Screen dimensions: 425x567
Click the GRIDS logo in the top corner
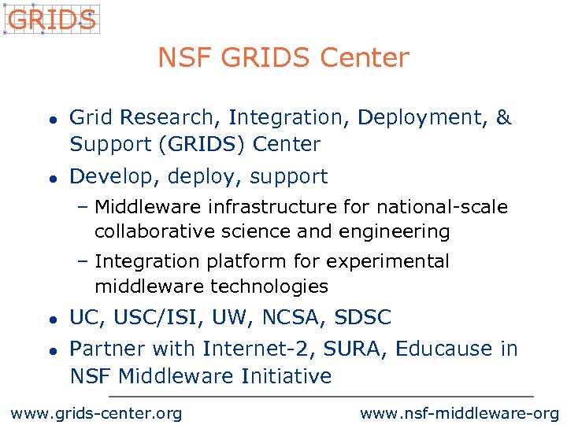pos(51,20)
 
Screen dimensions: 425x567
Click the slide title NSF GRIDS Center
pos(283,58)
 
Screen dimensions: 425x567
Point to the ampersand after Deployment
pos(504,118)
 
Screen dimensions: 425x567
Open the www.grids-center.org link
pos(95,413)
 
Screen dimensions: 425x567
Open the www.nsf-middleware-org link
pos(459,413)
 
